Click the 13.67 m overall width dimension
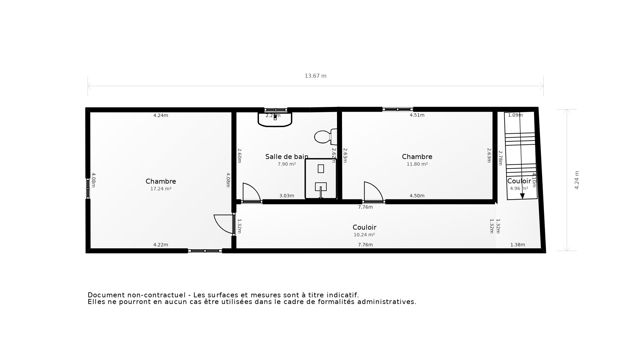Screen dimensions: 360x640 coord(315,76)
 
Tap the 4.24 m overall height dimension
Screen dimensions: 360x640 coord(577,180)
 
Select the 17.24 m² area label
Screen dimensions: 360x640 coord(161,189)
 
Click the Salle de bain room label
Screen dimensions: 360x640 coord(286,157)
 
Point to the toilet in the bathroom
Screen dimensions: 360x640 coord(324,137)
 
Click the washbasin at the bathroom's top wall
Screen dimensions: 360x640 coord(275,119)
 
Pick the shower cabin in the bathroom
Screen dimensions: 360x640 coord(321,179)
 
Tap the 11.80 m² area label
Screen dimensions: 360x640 coord(417,164)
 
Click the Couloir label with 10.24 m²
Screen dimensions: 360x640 coord(364,227)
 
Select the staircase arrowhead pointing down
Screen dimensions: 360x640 coord(522,196)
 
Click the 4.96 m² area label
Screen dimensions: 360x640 coord(519,188)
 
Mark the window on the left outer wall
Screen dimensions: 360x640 coord(88,188)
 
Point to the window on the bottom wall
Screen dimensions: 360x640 coord(205,251)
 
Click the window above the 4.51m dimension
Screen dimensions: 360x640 coord(398,109)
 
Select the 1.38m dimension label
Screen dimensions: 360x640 coord(518,245)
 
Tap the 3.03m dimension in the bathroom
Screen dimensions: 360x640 coord(287,196)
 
